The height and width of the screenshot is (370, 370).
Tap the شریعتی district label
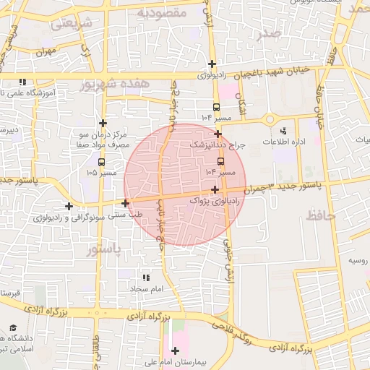pyautogui.click(x=72, y=23)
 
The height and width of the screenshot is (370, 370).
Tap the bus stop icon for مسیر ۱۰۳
pyautogui.click(x=220, y=161)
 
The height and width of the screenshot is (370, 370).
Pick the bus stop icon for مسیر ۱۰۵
pyautogui.click(x=100, y=162)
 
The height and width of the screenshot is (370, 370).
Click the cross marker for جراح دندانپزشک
pyautogui.click(x=218, y=134)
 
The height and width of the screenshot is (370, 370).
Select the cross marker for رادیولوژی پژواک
pyautogui.click(x=215, y=189)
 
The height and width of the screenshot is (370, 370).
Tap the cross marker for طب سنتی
pyautogui.click(x=126, y=204)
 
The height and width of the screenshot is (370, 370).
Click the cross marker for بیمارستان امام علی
pyautogui.click(x=175, y=350)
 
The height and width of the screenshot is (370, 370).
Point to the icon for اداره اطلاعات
pyautogui.click(x=283, y=131)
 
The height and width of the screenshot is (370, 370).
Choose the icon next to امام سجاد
pyautogui.click(x=146, y=277)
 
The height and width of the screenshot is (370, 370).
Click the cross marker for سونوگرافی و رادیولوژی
pyautogui.click(x=69, y=206)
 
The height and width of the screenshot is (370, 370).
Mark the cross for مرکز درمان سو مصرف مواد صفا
pyautogui.click(x=103, y=123)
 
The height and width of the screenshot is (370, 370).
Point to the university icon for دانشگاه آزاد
pyautogui.click(x=14, y=328)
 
